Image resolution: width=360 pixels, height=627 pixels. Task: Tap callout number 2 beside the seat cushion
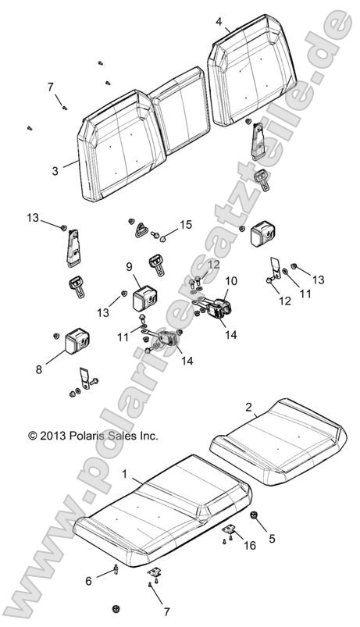(x=248, y=408)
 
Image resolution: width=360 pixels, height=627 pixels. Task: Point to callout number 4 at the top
(x=219, y=22)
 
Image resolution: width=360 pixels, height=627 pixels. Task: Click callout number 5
(x=272, y=539)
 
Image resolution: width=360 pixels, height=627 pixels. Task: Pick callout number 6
(x=89, y=581)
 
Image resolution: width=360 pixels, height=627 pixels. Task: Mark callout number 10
(x=231, y=280)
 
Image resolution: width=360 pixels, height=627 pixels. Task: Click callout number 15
(x=185, y=225)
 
